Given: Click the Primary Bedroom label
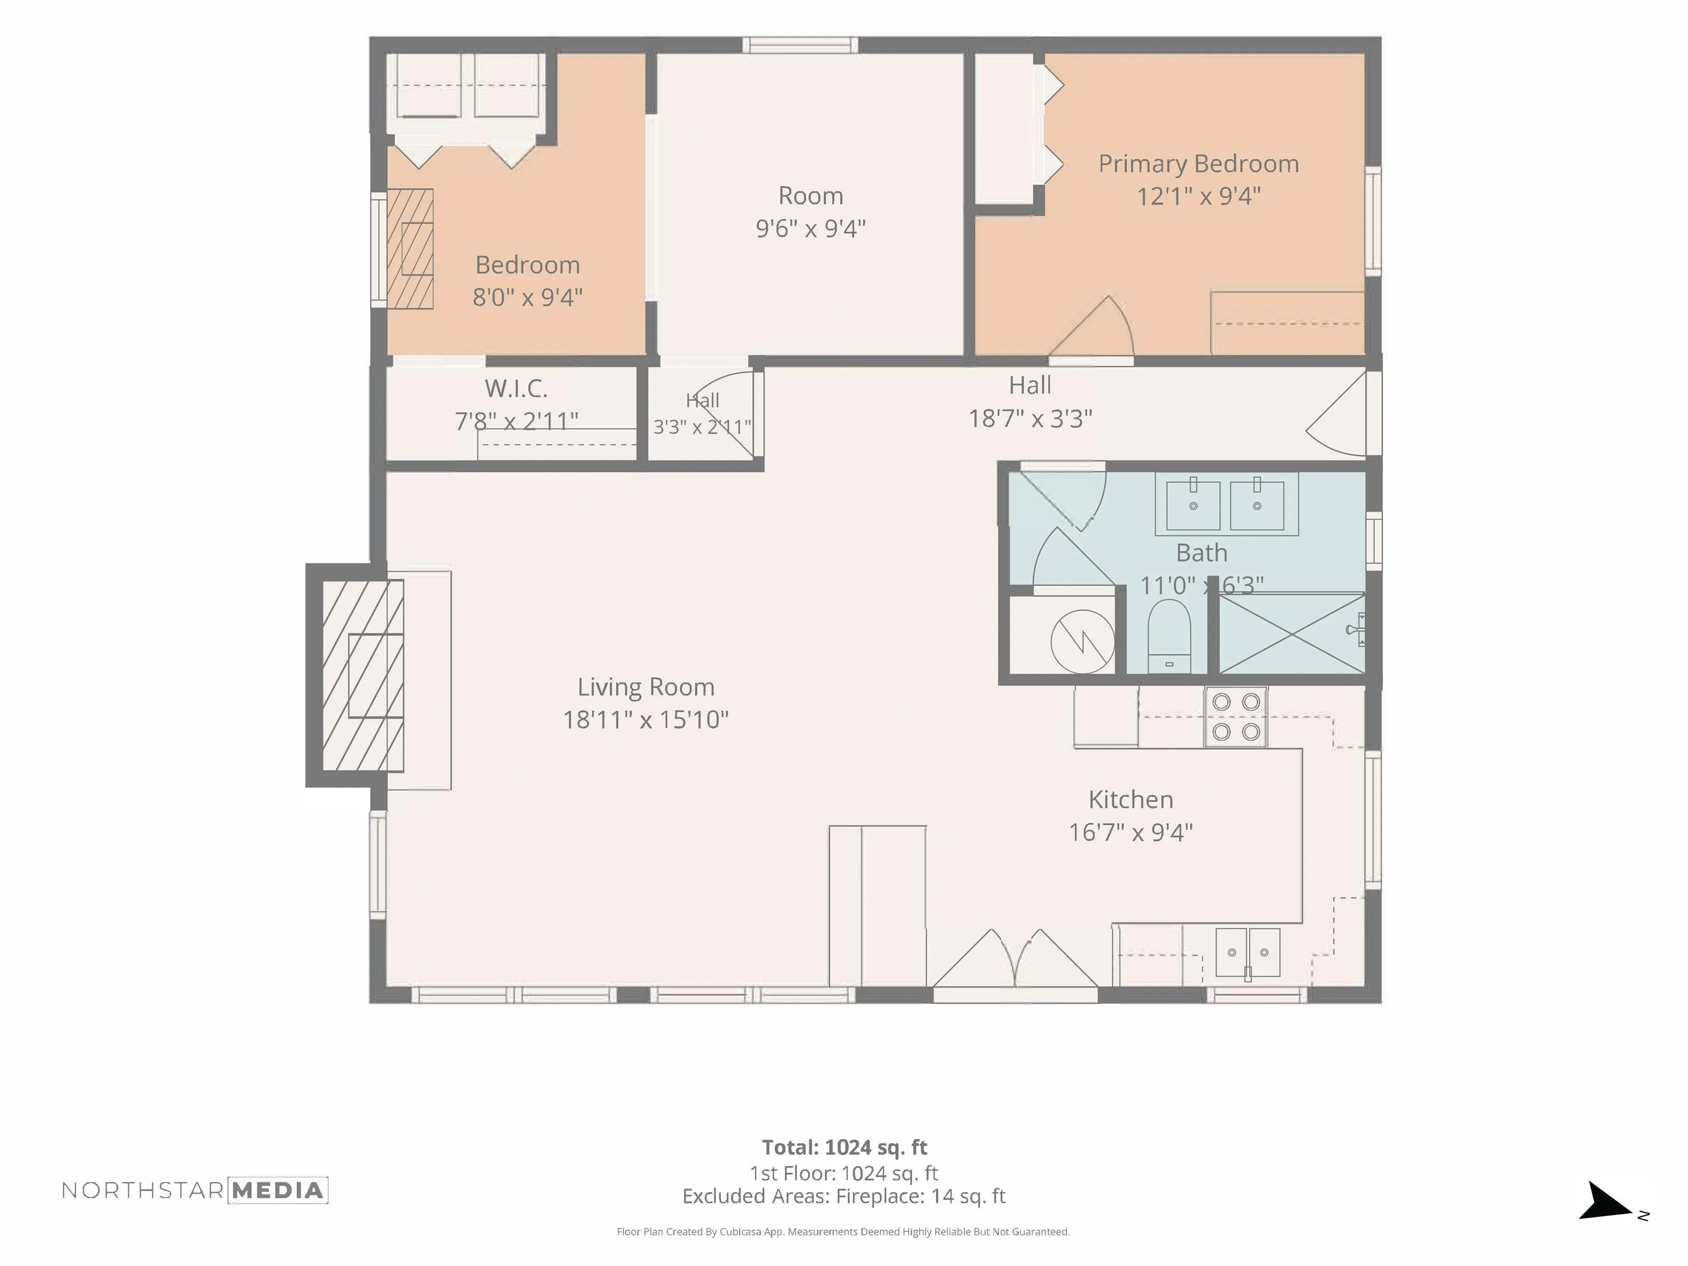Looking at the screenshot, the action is (1198, 164).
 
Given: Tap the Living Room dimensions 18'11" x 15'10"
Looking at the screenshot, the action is (646, 720).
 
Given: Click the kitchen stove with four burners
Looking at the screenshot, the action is (1235, 717).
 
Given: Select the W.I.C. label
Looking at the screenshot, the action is (516, 388).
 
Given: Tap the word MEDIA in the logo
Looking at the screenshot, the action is (278, 1191).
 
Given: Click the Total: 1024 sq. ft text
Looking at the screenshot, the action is (844, 1147).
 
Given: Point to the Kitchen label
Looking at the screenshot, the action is (1130, 799).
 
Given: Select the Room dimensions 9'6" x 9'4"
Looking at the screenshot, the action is (810, 228).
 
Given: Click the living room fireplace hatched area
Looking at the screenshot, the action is (363, 675).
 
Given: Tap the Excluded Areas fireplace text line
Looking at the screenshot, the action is (844, 1196).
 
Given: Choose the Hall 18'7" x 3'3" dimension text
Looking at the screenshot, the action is (1030, 418).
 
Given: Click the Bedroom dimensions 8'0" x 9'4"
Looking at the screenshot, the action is (527, 297).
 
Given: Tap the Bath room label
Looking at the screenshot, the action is (1201, 552).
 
